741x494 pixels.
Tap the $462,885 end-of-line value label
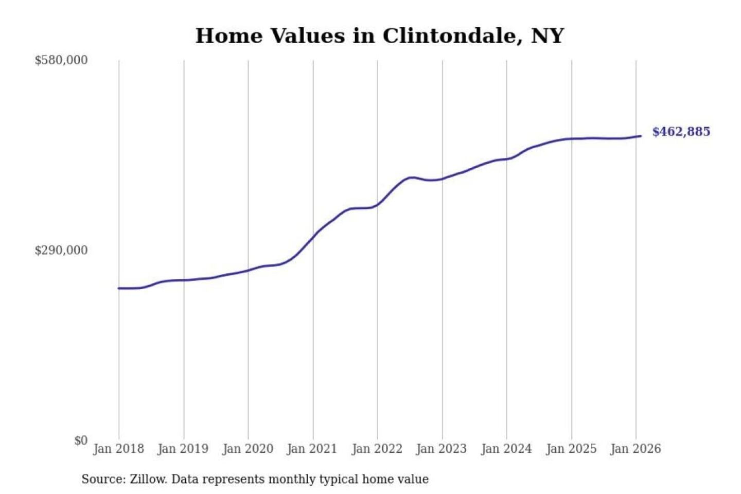pyautogui.click(x=681, y=132)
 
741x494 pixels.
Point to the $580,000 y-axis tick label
pyautogui.click(x=61, y=60)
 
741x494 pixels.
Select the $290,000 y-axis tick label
pyautogui.click(x=61, y=251)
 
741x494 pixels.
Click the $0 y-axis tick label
pyautogui.click(x=81, y=440)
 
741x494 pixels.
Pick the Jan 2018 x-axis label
pyautogui.click(x=118, y=449)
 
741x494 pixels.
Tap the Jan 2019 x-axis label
pyautogui.click(x=183, y=449)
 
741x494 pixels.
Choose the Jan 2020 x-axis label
pyautogui.click(x=248, y=449)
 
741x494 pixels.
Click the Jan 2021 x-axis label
pyautogui.click(x=312, y=449)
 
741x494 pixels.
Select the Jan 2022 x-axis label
pyautogui.click(x=377, y=449)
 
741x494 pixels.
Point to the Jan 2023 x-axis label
pyautogui.click(x=442, y=449)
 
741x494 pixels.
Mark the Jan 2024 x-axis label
pyautogui.click(x=506, y=449)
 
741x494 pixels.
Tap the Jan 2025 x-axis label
pyautogui.click(x=571, y=449)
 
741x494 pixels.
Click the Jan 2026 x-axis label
pyautogui.click(x=636, y=449)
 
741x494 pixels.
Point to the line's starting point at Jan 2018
pyautogui.click(x=119, y=288)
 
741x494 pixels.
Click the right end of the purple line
pyautogui.click(x=641, y=136)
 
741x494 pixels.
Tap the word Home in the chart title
pyautogui.click(x=229, y=36)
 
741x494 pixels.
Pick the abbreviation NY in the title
pyautogui.click(x=548, y=36)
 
